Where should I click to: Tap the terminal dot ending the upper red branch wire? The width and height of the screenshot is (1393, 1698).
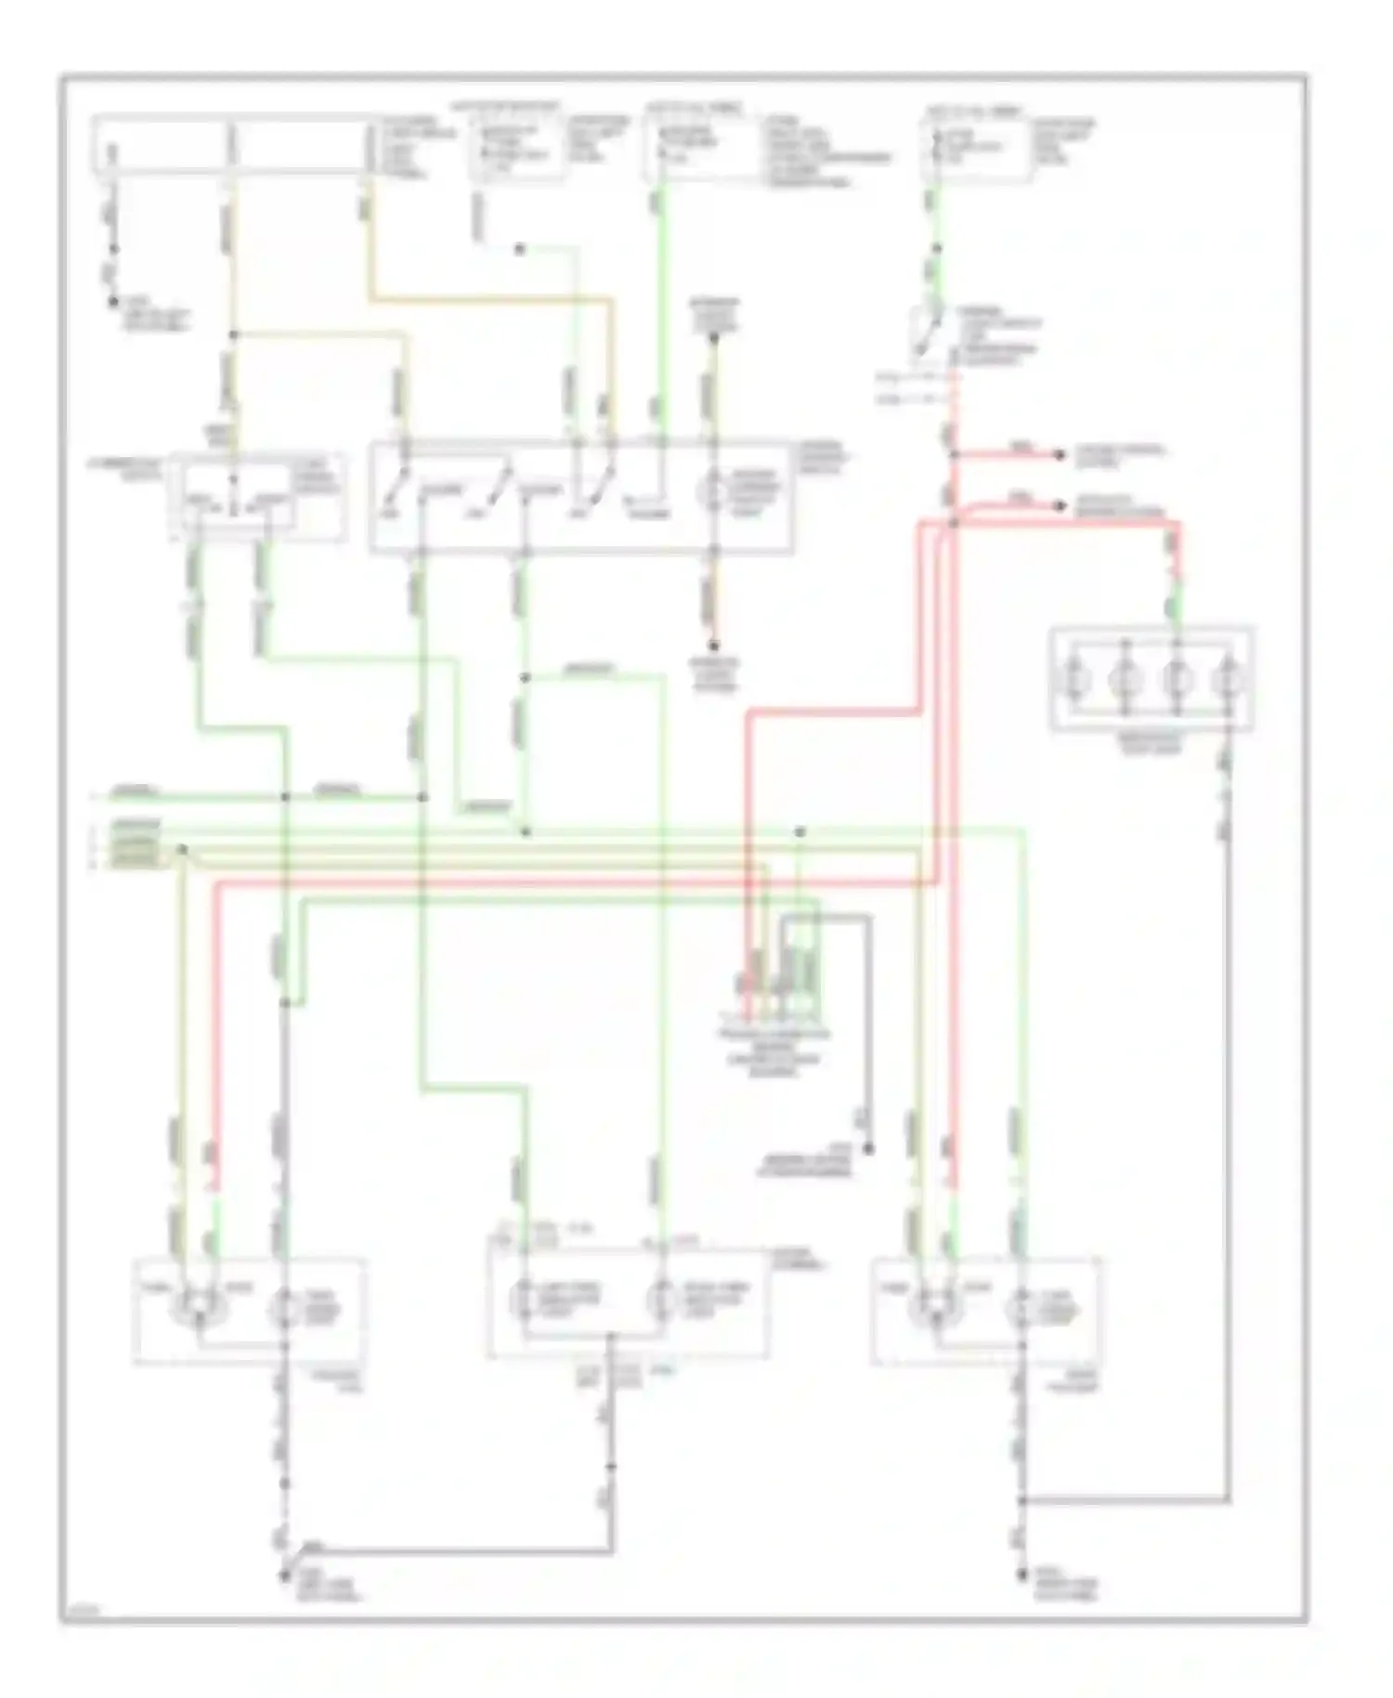click(x=1059, y=455)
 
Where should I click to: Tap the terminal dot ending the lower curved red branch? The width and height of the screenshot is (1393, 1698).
click(x=1059, y=506)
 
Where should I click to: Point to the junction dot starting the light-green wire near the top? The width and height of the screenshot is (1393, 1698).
click(x=520, y=249)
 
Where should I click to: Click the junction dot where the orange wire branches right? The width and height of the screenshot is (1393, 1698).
click(x=233, y=335)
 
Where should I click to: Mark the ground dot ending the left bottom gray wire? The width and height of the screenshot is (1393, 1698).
click(x=283, y=1577)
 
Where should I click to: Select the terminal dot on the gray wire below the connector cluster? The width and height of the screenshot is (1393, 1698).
click(x=868, y=1149)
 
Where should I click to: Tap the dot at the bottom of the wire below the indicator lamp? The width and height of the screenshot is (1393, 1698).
click(x=714, y=645)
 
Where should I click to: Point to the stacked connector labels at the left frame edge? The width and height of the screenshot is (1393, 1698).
click(x=135, y=843)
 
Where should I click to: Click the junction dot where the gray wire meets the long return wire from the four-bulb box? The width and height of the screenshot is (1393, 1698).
click(x=1021, y=1500)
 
